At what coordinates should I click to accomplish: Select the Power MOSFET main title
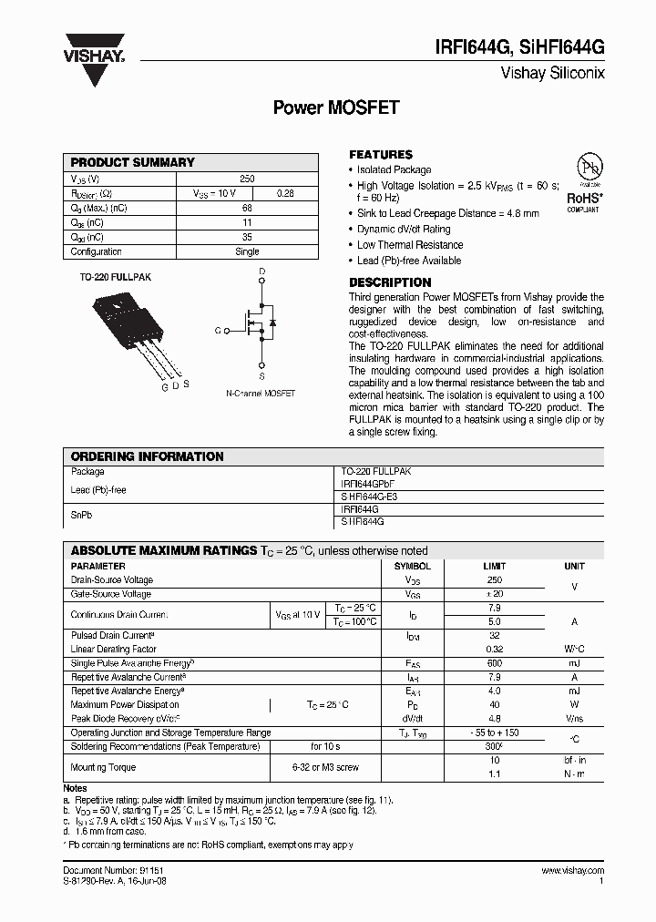(336, 107)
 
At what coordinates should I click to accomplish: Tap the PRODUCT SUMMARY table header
(133, 162)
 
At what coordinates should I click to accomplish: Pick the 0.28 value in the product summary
(285, 193)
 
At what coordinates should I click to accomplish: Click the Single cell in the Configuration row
(247, 251)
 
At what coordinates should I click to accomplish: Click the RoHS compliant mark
(582, 200)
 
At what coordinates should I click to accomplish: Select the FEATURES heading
(381, 154)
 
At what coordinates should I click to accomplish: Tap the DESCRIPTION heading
(390, 282)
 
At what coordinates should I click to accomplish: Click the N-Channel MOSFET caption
(261, 394)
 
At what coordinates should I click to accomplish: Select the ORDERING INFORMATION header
(148, 456)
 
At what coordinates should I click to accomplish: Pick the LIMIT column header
(495, 566)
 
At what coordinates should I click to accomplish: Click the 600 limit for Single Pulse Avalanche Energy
(495, 663)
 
